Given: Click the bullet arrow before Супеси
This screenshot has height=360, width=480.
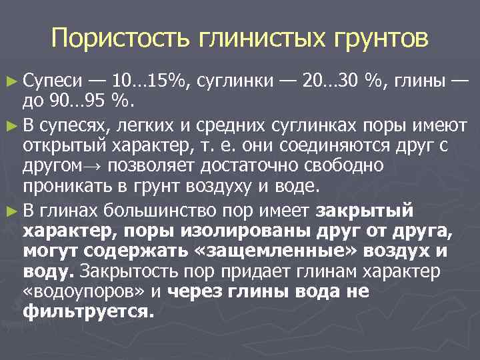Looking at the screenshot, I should (14, 83).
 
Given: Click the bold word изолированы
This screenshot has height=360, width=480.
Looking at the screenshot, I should (263, 232).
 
